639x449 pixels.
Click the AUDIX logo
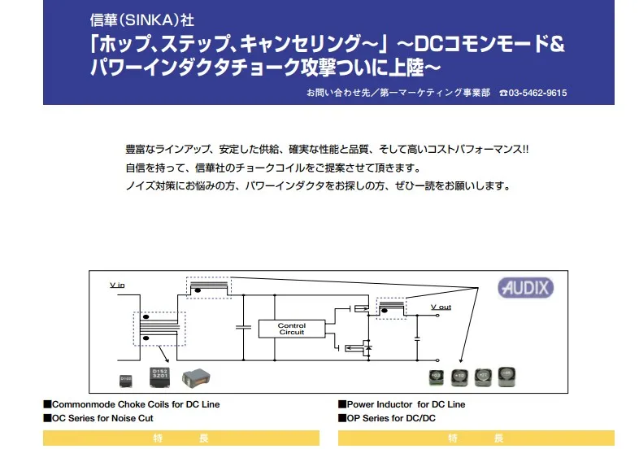coord(526,287)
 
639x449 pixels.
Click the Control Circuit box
coord(292,329)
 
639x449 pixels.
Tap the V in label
coord(118,286)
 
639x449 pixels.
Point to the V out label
coord(441,307)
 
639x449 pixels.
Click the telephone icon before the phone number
coord(503,93)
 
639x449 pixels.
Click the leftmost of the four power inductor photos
coord(437,377)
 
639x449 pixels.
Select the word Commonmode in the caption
coord(86,404)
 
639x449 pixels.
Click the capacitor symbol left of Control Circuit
coord(242,327)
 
